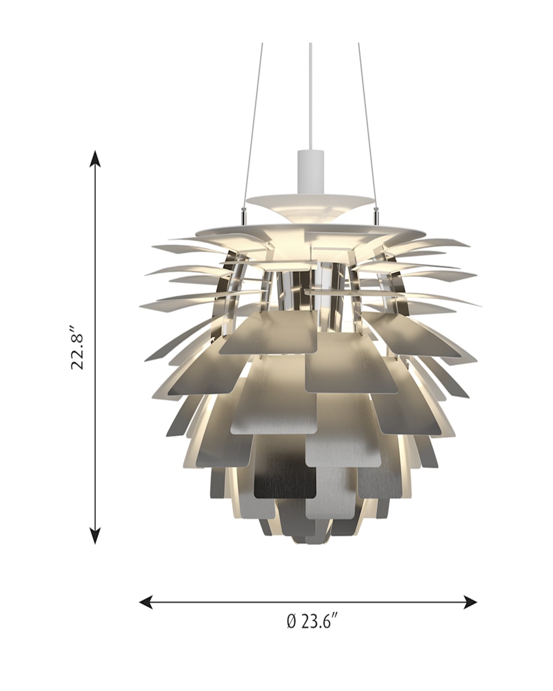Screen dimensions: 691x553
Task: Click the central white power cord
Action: (310, 92)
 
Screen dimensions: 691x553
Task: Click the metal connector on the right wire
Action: (377, 214)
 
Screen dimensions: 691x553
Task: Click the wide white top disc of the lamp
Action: (310, 230)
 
